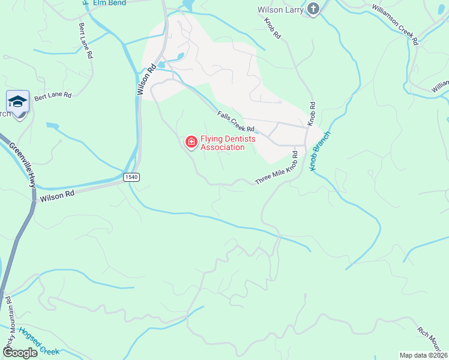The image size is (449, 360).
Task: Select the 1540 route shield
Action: pyautogui.click(x=132, y=177)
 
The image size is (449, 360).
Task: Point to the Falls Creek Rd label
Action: pyautogui.click(x=236, y=121)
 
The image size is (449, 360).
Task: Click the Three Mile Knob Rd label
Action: pyautogui.click(x=277, y=168)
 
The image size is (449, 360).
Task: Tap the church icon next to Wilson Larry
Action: pyautogui.click(x=313, y=8)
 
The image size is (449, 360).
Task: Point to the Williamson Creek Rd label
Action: pyautogui.click(x=394, y=23)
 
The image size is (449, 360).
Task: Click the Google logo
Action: pyautogui.click(x=20, y=353)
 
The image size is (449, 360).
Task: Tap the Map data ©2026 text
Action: pyautogui.click(x=423, y=355)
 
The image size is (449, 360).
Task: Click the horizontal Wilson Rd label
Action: pyautogui.click(x=57, y=196)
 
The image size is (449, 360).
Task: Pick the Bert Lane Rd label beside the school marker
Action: pyautogui.click(x=53, y=95)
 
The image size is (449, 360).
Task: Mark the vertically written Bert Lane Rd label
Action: pyautogui.click(x=85, y=41)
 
